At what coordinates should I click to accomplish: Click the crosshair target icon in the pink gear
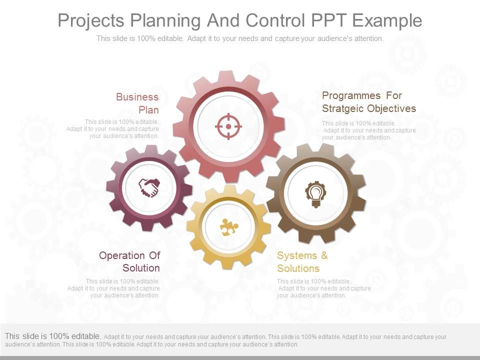pos(228,126)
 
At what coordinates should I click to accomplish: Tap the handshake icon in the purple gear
pos(149,187)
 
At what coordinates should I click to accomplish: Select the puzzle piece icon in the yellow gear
pos(229,227)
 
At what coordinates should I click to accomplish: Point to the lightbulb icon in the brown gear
pos(315,194)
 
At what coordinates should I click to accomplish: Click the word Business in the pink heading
pos(137,97)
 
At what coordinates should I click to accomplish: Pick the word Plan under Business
pos(148,110)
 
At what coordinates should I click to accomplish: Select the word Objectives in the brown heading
pos(391,108)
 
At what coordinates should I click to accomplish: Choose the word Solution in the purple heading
pos(141,268)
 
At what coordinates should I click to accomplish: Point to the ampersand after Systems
pos(324,255)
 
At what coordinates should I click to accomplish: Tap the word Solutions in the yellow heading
pos(298,268)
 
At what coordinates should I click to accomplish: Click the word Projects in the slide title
pos(91,21)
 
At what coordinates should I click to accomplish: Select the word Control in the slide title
pos(275,20)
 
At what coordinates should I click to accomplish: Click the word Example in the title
pos(387,21)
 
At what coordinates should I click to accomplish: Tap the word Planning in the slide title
pos(165,21)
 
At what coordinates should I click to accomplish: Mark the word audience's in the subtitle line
pos(334,38)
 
